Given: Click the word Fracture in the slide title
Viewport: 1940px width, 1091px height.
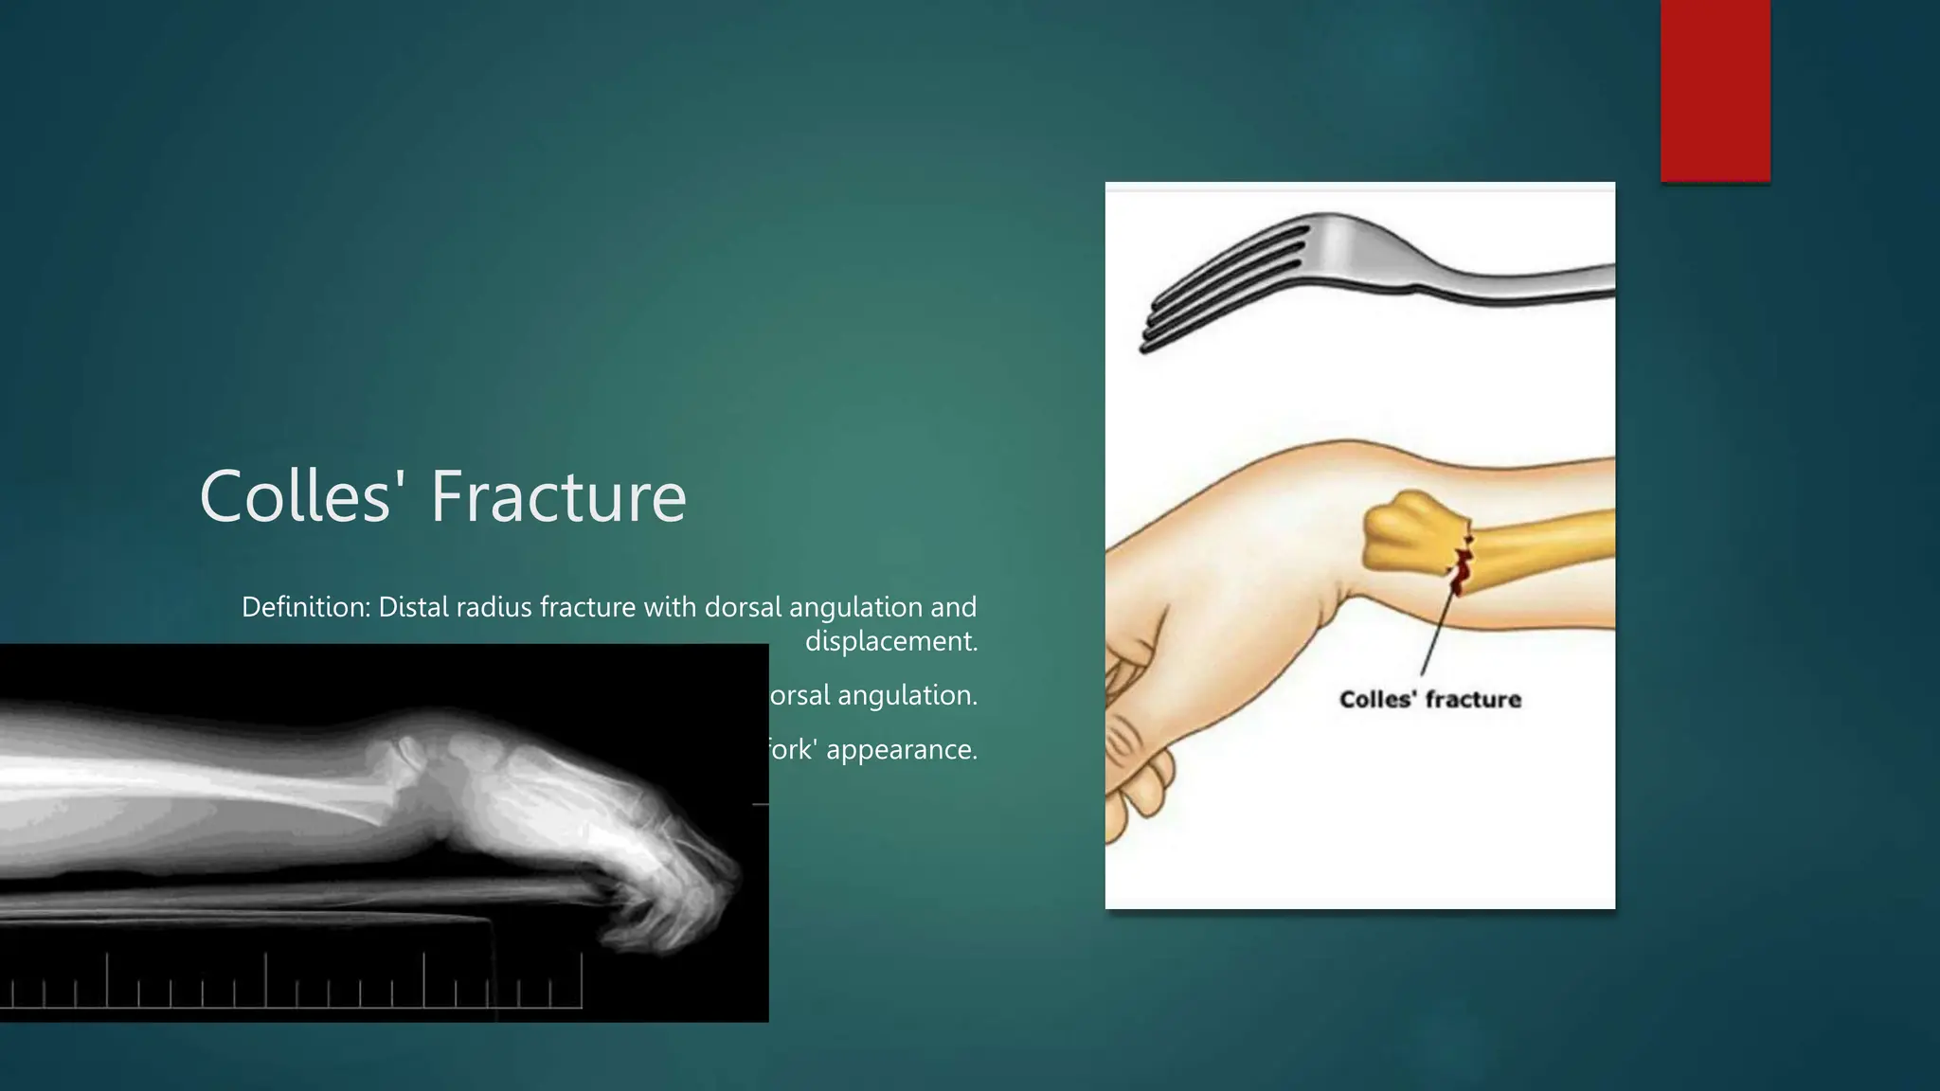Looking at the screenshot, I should pos(559,496).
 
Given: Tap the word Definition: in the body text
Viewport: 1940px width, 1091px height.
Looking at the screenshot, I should pos(305,607).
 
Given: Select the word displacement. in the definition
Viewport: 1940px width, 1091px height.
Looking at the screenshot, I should pos(890,641).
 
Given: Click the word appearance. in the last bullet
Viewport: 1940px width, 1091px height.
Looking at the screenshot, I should pos(901,749).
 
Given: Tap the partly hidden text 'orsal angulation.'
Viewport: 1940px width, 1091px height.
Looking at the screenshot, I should pos(872,695).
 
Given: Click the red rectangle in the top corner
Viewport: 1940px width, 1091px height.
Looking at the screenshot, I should pos(1715,90).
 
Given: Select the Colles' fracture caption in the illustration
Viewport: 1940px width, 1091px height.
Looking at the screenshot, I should pos(1429,700).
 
